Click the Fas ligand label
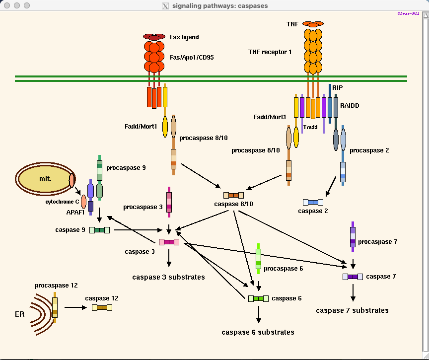[x=184, y=37]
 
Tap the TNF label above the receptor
[x=292, y=24]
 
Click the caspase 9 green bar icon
[x=99, y=230]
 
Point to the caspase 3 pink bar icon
[x=169, y=242]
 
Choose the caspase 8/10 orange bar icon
[x=233, y=195]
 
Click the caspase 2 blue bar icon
[x=313, y=202]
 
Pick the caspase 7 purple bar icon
[x=353, y=277]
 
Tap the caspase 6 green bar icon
[x=258, y=298]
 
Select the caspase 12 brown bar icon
[x=102, y=307]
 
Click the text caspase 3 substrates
[x=168, y=277]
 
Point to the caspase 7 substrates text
[x=352, y=310]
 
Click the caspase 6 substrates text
[x=258, y=332]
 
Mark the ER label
[x=20, y=314]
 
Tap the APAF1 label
[x=76, y=212]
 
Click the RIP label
[x=338, y=88]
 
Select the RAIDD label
[x=350, y=106]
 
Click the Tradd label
[x=310, y=127]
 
